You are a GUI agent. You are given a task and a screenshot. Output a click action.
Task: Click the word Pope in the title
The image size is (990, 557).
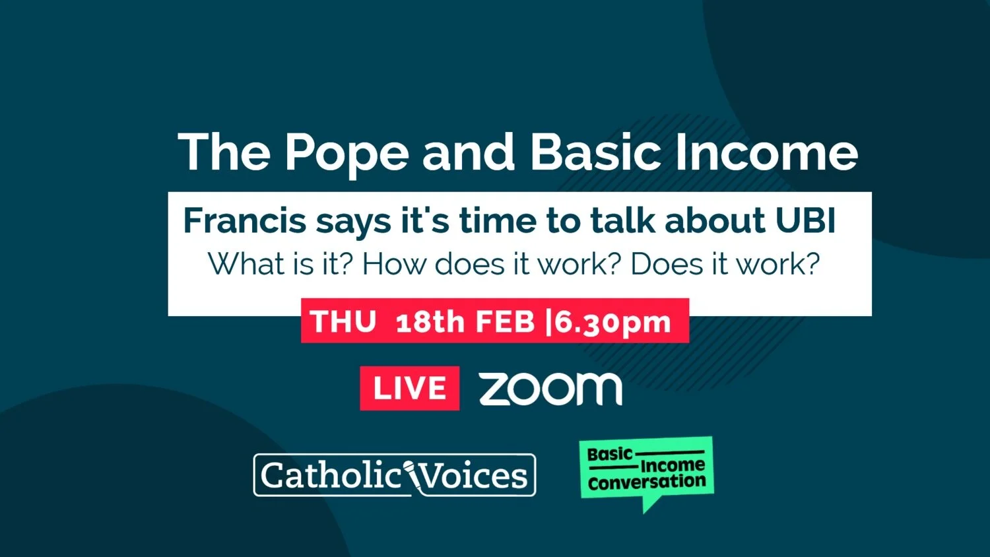click(x=346, y=153)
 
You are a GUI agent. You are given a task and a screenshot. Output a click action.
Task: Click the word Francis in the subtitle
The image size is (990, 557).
click(x=244, y=220)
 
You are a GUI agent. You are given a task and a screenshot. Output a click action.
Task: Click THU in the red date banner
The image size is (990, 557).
click(x=343, y=322)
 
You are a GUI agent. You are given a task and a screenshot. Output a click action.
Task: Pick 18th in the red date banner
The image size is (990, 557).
click(x=430, y=322)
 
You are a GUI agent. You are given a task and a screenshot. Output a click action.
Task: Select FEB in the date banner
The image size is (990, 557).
click(x=505, y=322)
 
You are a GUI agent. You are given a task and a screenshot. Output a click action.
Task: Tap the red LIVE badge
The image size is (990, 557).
click(x=409, y=388)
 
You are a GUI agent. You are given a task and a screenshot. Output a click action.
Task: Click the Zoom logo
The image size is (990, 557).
click(x=550, y=388)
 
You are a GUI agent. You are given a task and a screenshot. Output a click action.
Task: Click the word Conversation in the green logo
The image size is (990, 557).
click(x=647, y=482)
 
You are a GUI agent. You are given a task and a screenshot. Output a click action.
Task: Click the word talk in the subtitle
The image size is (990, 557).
click(x=623, y=220)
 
